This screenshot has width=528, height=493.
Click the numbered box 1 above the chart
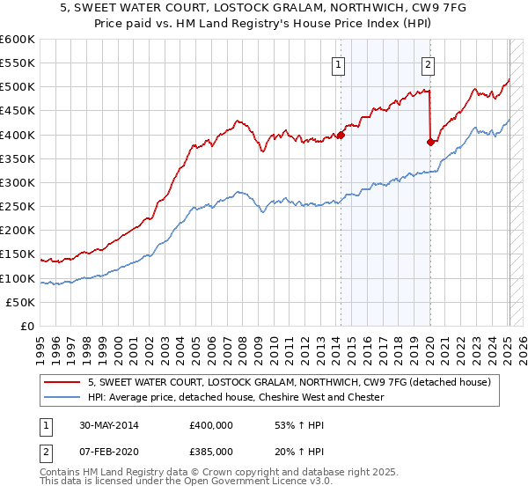coord(339,63)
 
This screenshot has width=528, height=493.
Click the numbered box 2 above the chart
coord(428,63)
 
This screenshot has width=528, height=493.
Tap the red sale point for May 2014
coord(341,135)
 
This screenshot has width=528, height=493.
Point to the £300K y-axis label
coord(18,182)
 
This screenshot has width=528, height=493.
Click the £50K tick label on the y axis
coord(21,302)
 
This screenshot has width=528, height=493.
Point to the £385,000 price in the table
coord(211,451)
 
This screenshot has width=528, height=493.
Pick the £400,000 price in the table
coord(211,425)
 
